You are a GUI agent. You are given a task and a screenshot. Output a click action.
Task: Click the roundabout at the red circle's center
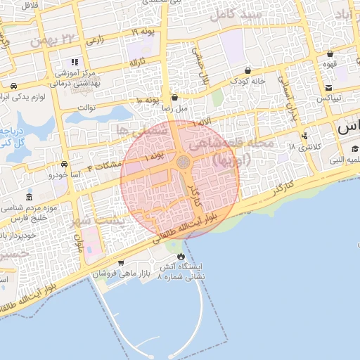[x=184, y=162]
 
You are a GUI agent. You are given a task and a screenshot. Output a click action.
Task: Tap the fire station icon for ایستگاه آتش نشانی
[x=182, y=256]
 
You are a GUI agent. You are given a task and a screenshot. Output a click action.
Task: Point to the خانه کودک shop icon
[x=249, y=71]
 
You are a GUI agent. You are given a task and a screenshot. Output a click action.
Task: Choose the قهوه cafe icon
[x=330, y=54]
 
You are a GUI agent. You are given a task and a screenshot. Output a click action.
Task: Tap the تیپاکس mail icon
[x=328, y=87]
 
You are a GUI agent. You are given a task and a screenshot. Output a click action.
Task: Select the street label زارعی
[x=95, y=41]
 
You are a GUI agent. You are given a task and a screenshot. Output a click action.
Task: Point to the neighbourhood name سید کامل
[x=240, y=15]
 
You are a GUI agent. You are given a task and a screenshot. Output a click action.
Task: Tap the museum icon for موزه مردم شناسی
[x=28, y=198]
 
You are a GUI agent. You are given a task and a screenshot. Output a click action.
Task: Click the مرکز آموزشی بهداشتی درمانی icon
[x=75, y=63]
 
